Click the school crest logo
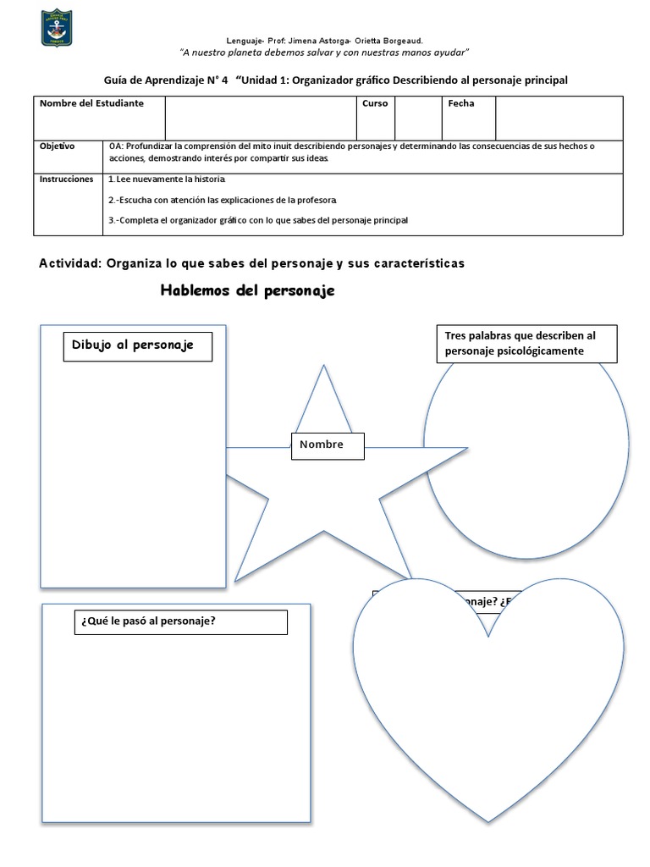(x=57, y=27)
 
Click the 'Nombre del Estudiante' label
(x=91, y=103)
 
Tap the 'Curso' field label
(x=375, y=103)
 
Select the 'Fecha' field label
(x=461, y=103)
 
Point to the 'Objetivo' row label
(x=58, y=146)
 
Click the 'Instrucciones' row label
(x=67, y=179)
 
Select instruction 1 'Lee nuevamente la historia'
(x=168, y=180)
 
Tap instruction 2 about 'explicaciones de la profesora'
(x=223, y=200)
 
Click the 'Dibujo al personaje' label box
(x=137, y=346)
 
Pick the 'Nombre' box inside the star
(x=328, y=445)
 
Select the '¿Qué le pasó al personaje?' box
(x=181, y=621)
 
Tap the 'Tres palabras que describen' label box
(x=528, y=344)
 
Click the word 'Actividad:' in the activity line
(x=69, y=263)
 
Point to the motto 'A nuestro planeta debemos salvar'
(x=325, y=52)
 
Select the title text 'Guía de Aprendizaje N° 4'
(x=166, y=80)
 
